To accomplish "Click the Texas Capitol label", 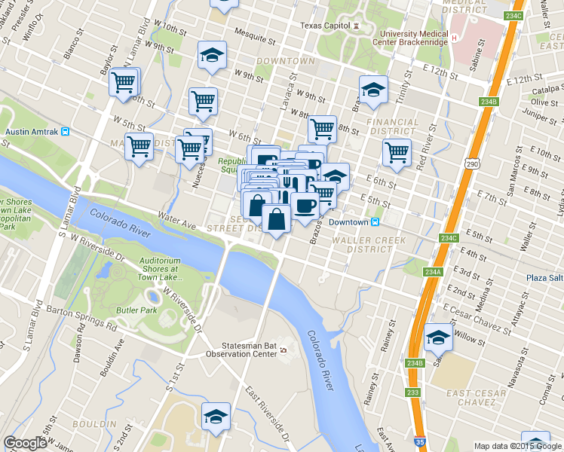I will click(325, 25).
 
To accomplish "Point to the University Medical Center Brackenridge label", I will click(414, 38).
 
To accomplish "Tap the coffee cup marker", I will click(305, 205).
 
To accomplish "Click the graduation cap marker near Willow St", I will click(437, 337).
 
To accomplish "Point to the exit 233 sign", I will click(412, 392).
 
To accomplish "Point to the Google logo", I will click(25, 442).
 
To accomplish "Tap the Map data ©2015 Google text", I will click(518, 446).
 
